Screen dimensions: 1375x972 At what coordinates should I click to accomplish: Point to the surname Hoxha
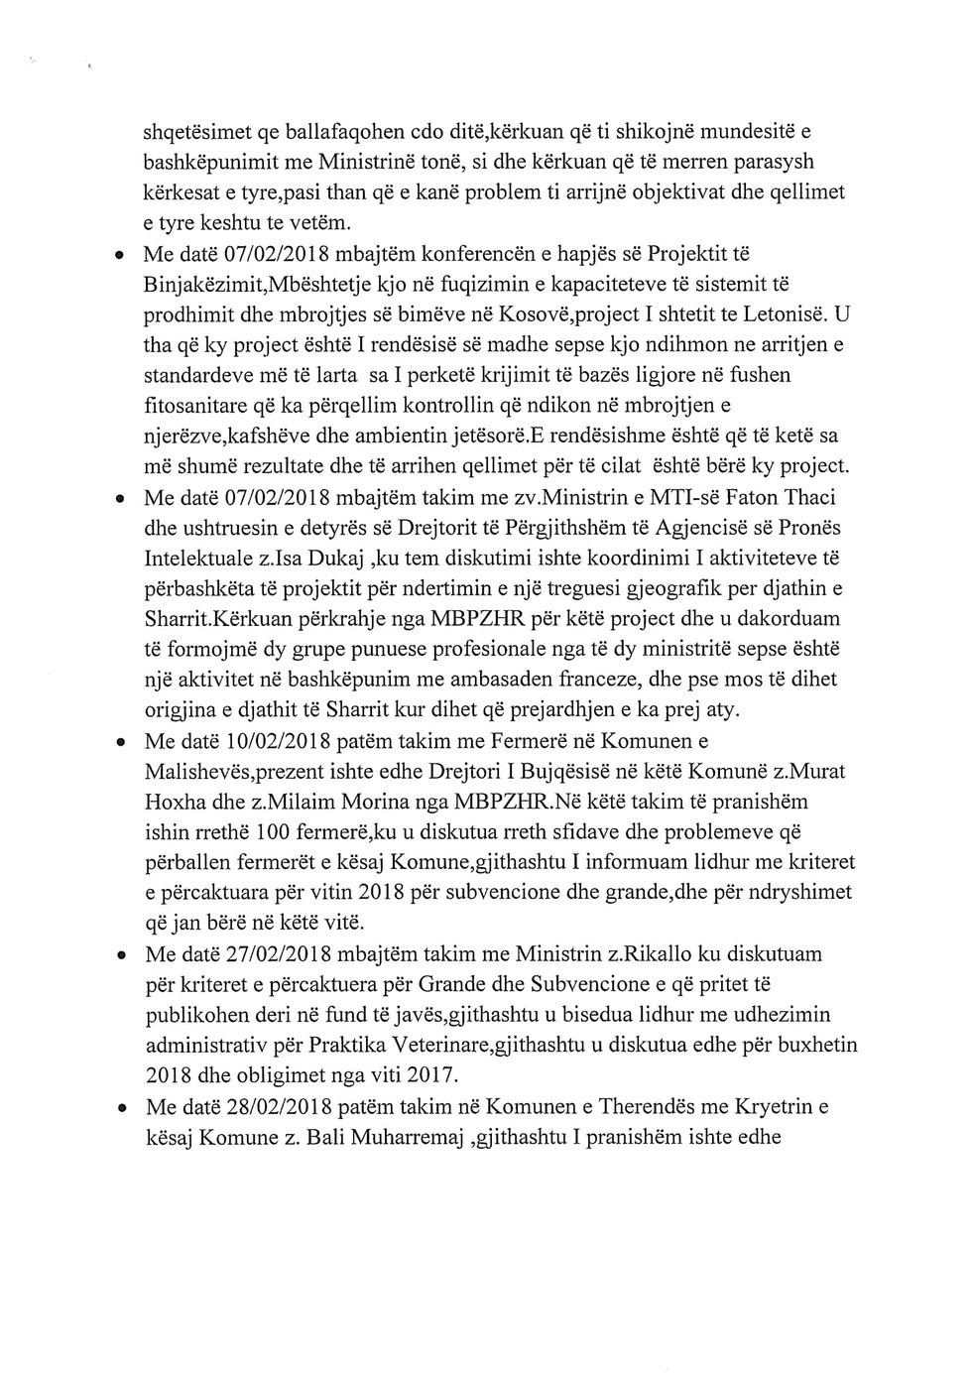(x=175, y=802)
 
